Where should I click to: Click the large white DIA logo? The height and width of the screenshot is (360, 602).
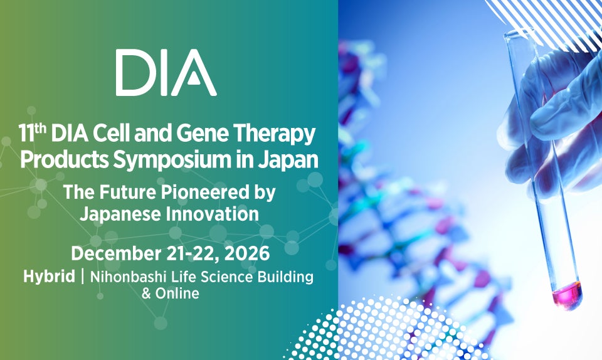click(166, 73)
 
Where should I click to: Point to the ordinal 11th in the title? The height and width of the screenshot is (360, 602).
click(32, 132)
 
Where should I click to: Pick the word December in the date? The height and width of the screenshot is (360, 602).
click(116, 253)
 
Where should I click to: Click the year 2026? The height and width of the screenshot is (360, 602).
click(247, 254)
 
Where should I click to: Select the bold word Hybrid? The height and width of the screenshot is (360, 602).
click(49, 277)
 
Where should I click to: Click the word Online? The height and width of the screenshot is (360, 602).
click(177, 294)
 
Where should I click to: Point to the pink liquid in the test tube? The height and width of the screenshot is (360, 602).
click(567, 294)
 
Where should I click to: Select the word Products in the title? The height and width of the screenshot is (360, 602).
click(65, 159)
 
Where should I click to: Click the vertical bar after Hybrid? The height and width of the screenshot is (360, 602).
click(83, 277)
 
